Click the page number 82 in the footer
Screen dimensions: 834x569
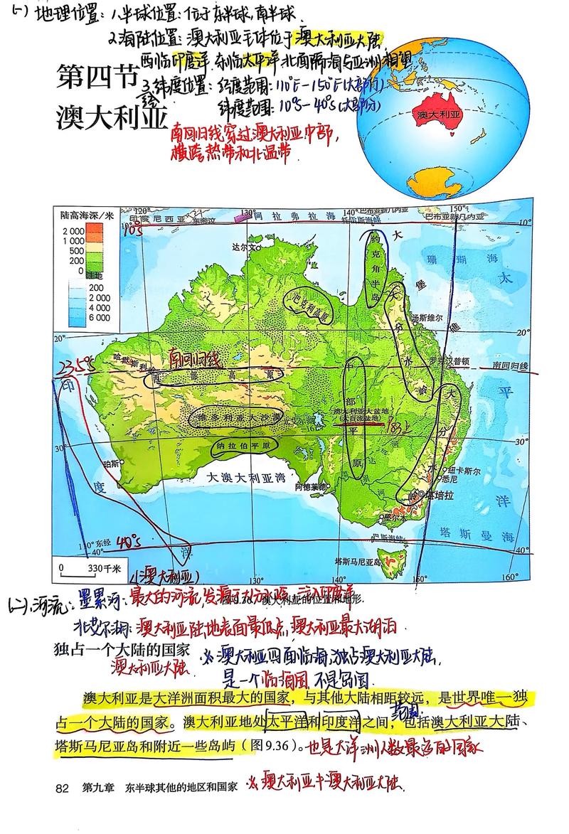click(x=61, y=787)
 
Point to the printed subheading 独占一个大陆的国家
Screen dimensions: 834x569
click(x=122, y=648)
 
